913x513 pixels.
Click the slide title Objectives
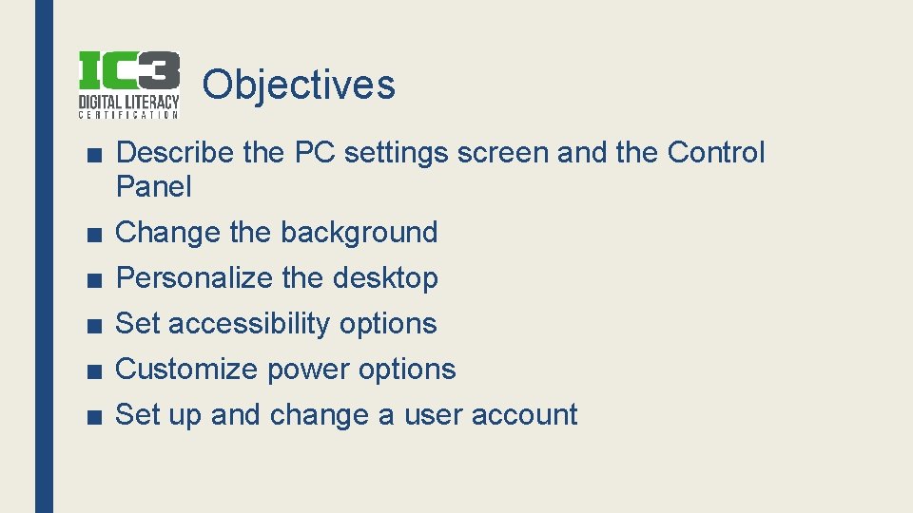pyautogui.click(x=298, y=85)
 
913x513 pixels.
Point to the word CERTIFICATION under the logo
pyautogui.click(x=127, y=115)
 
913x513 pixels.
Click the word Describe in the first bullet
pyautogui.click(x=174, y=152)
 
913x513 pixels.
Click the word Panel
pyautogui.click(x=153, y=187)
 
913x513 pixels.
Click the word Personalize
pyautogui.click(x=194, y=278)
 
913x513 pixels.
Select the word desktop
pyautogui.click(x=385, y=278)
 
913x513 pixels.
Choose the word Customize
pyautogui.click(x=186, y=370)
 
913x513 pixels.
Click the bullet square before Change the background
pyautogui.click(x=89, y=234)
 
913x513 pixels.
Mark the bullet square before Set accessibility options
pyautogui.click(x=89, y=325)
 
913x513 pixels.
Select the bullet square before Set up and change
pyautogui.click(x=89, y=416)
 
